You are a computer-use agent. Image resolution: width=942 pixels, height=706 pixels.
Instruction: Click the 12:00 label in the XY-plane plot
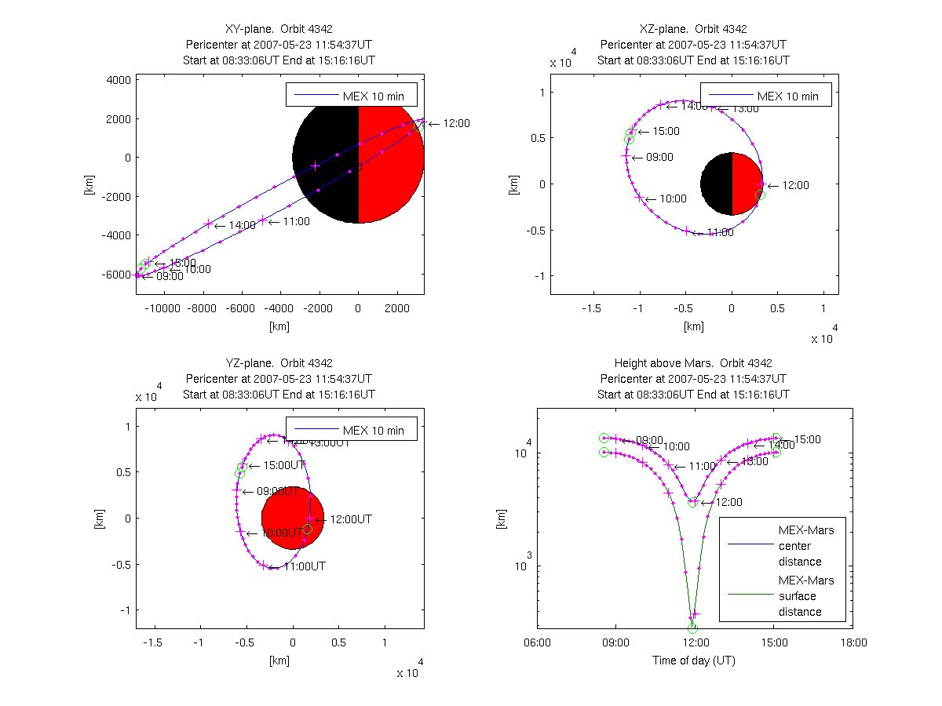[457, 123]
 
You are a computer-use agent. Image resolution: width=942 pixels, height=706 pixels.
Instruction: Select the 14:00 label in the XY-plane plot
[242, 225]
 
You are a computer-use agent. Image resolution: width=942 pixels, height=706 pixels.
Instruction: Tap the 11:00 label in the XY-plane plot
[295, 221]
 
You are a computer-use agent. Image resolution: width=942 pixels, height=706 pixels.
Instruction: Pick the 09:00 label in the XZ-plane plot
[659, 157]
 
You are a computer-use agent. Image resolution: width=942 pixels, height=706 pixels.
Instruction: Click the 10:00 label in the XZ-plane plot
[673, 199]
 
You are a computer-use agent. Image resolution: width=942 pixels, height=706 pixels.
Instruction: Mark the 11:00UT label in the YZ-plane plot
[304, 566]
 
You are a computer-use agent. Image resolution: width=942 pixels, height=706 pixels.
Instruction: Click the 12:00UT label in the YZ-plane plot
[350, 519]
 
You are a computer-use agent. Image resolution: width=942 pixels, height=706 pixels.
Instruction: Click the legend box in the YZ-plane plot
[351, 429]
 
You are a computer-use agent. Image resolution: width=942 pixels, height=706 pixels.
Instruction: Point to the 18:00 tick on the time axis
[853, 642]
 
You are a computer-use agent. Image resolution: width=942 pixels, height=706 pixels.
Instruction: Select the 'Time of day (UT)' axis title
[694, 661]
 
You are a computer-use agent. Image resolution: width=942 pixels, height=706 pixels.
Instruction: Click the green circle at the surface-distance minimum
[692, 628]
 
